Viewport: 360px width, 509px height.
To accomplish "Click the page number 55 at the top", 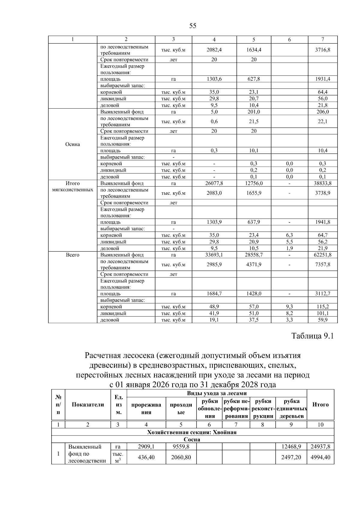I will pos(193,26).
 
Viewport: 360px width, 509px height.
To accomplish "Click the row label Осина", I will pos(73,144).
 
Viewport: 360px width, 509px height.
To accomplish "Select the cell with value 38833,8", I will pos(322,183).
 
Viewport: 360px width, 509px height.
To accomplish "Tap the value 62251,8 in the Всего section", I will pos(322,255).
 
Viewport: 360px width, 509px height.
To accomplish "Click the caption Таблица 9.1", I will pos(313,336).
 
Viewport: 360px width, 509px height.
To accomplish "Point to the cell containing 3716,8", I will pos(322,50).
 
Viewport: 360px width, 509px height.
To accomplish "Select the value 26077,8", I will pos(214,183).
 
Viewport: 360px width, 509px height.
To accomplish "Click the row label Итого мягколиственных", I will pos(73,187).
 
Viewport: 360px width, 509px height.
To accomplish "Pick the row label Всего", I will pos(73,255).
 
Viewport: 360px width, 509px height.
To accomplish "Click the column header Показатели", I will pos(88,405).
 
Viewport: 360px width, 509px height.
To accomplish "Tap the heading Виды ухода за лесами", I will pos(217,393).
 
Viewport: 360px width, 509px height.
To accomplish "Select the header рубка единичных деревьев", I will pos(292,409).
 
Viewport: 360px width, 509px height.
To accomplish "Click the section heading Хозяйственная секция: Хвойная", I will pos(192,432).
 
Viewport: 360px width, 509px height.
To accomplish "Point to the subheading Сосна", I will pos(192,439).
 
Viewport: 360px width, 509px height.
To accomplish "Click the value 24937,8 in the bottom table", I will pos(320,447).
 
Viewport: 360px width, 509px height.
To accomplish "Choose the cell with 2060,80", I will pos(181,457).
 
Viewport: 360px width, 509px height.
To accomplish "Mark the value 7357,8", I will pos(322,265).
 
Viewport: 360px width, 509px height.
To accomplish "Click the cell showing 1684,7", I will pos(214,294).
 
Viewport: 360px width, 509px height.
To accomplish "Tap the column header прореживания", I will pos(146,409).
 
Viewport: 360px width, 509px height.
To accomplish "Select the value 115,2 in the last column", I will pos(322,307).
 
